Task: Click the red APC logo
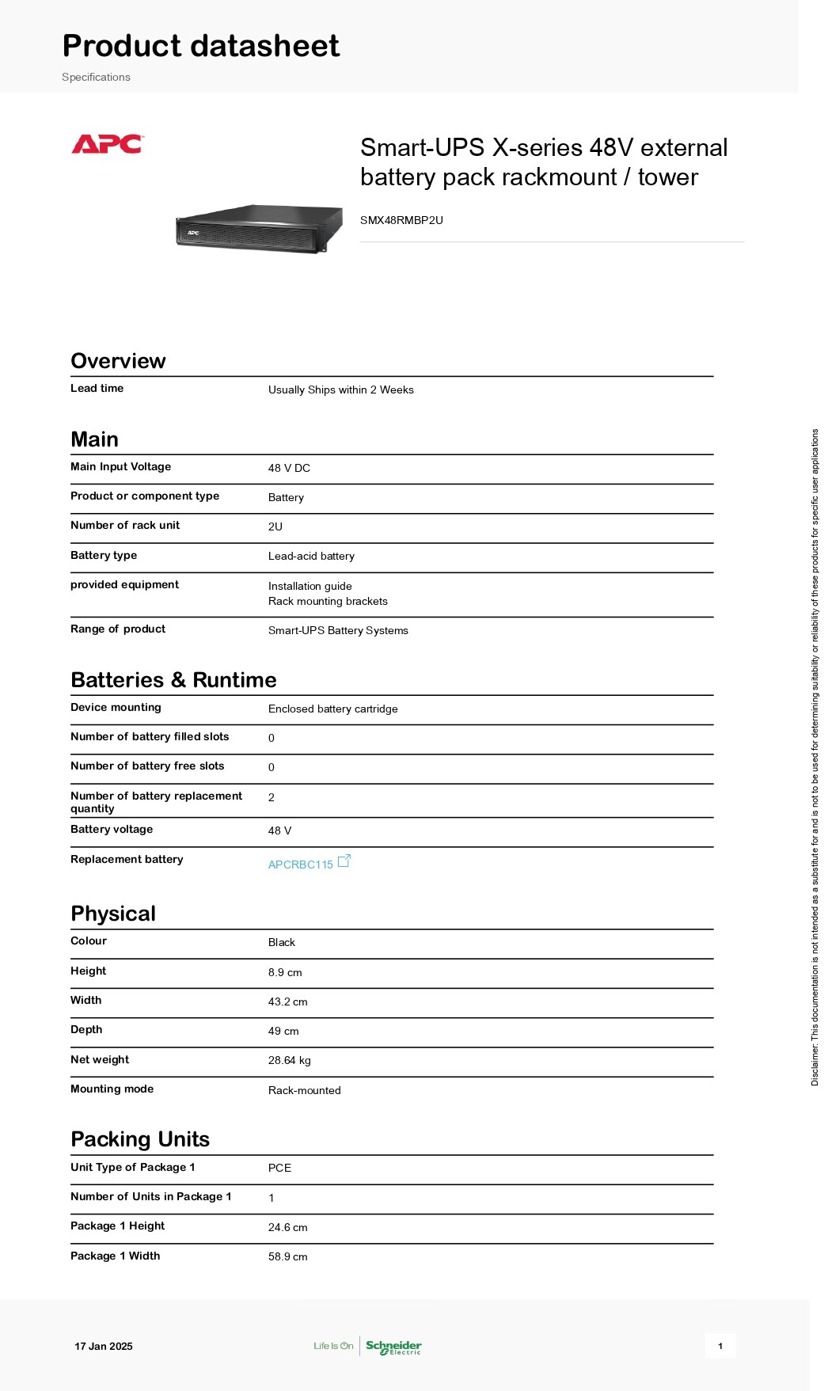pos(107,144)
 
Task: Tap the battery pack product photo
pos(259,229)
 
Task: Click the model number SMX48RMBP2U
pos(401,220)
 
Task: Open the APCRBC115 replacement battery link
pos(301,865)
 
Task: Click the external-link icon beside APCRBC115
pos(344,861)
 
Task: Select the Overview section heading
pos(118,361)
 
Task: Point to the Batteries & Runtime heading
pos(173,680)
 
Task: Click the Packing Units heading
pos(140,1139)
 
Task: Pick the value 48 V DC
pos(289,468)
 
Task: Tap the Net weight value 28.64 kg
pos(290,1060)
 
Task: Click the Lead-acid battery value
pos(311,556)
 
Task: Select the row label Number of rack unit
pos(125,525)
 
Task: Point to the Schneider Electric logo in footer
pos(393,1347)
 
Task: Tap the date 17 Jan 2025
pos(104,1346)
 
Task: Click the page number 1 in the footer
pos(720,1346)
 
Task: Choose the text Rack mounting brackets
pos(328,601)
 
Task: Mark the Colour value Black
pos(282,942)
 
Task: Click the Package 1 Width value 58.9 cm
pos(288,1256)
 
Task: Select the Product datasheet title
pos(201,46)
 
